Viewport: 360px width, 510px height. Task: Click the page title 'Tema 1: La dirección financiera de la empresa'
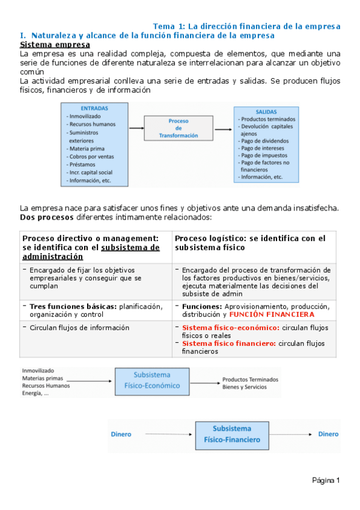coord(246,26)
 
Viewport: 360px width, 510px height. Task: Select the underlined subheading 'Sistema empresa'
coord(55,45)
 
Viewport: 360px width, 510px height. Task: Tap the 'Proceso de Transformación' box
coord(178,128)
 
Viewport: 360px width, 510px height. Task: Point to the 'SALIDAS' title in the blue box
coord(266,112)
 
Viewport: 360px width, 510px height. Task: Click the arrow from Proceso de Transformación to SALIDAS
coord(223,128)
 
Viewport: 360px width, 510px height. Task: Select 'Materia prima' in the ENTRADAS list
coord(85,148)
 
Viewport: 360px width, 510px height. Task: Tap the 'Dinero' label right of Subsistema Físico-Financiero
coord(328,434)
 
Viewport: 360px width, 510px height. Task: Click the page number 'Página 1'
coord(326,480)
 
